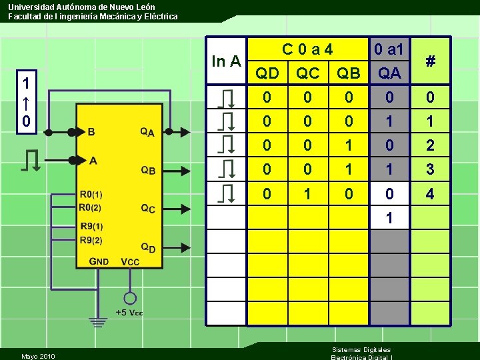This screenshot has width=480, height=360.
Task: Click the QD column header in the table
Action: (268, 73)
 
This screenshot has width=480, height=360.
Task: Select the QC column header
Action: (307, 73)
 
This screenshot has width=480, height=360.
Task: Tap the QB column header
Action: (347, 73)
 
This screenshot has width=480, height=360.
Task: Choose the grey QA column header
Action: (389, 73)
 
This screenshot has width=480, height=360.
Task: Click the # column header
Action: (431, 61)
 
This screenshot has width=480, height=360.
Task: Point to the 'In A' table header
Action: (226, 61)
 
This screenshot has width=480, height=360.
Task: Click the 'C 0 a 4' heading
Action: (307, 49)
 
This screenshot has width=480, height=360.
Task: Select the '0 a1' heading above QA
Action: (389, 49)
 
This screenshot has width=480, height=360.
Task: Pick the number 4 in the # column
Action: (430, 194)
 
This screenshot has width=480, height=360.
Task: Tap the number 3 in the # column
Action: (430, 170)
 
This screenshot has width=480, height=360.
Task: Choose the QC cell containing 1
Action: (307, 194)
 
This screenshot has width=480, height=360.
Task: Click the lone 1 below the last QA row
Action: (389, 218)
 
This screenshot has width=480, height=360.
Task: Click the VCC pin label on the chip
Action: (130, 261)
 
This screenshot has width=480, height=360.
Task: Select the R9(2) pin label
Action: (91, 240)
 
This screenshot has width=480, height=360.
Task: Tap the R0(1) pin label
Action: (91, 194)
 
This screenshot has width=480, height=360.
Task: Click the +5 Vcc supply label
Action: (129, 312)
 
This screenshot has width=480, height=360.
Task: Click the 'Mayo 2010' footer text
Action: (38, 356)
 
